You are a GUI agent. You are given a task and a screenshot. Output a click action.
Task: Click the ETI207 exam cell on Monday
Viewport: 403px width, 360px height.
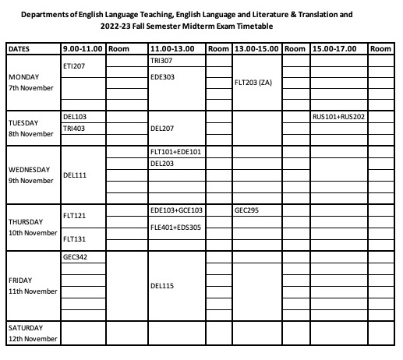tap(74, 66)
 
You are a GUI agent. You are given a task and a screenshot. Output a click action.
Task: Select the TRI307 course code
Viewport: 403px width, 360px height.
tap(161, 60)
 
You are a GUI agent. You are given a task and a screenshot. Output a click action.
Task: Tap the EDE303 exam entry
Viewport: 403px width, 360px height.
tap(162, 77)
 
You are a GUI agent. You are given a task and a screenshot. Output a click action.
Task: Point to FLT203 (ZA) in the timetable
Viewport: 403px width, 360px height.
tap(253, 83)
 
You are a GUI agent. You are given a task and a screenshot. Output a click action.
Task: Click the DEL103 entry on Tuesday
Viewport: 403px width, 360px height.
tap(75, 117)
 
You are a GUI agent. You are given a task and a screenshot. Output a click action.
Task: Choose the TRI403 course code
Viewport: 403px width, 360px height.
tap(74, 129)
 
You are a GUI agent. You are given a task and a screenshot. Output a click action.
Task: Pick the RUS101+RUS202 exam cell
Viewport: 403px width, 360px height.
tap(339, 117)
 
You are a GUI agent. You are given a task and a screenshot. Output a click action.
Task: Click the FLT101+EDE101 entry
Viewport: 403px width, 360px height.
tap(175, 152)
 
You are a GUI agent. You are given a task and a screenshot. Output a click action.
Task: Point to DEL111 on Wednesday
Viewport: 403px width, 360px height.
tap(75, 175)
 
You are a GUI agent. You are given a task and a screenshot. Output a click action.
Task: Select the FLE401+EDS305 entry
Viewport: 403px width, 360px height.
tap(175, 228)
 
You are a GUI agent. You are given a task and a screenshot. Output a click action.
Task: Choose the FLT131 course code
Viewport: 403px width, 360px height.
tap(74, 239)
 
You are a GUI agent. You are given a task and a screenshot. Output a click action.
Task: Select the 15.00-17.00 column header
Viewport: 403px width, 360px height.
tap(334, 48)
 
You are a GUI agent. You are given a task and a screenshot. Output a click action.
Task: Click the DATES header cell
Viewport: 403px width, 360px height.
tap(19, 48)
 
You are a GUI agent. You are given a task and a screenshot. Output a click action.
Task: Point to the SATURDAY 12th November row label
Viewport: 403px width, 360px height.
tap(31, 333)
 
